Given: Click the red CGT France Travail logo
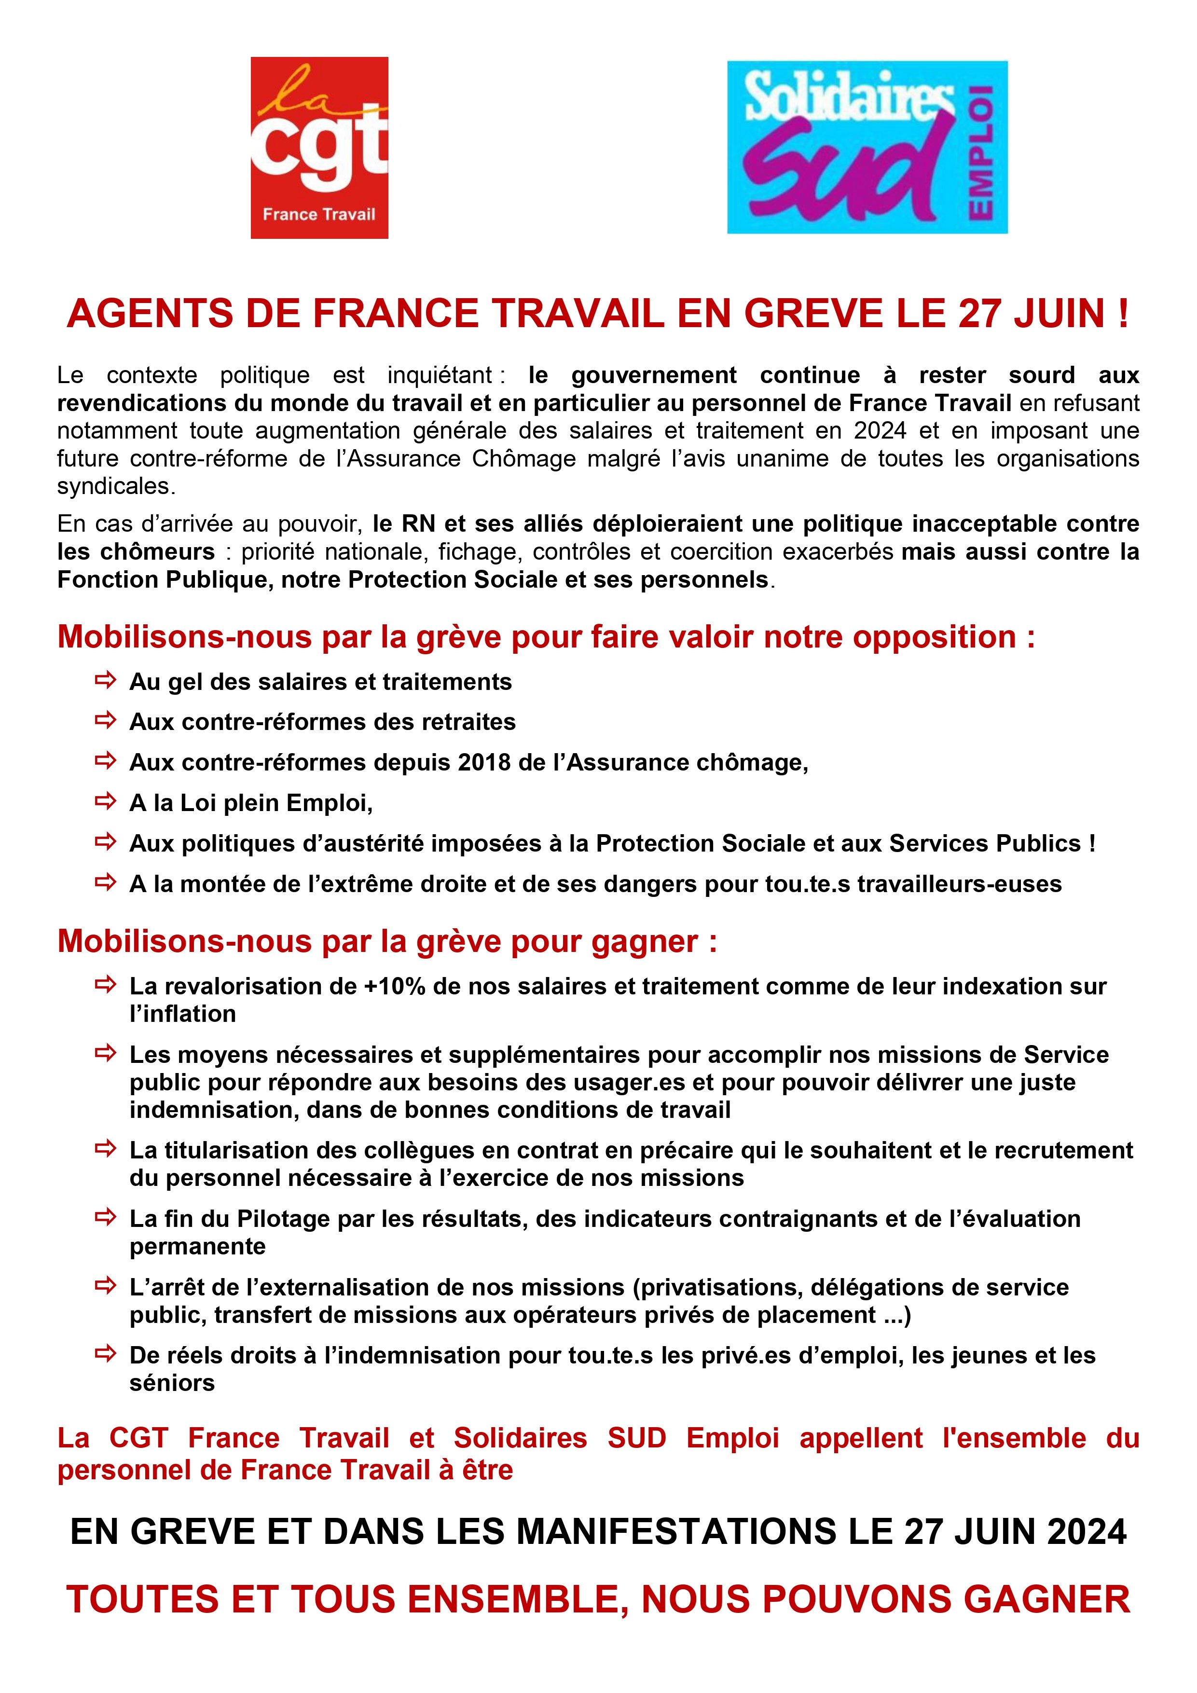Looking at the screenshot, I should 319,148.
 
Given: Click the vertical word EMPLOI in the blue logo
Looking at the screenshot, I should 982,151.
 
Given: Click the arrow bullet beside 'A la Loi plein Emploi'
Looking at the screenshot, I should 106,801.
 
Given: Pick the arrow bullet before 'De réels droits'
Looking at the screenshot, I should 106,1354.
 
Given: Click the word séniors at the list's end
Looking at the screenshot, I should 172,1383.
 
